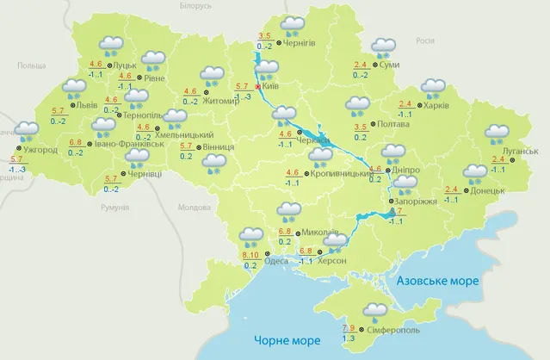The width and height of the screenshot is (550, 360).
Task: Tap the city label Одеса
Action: point(278,261)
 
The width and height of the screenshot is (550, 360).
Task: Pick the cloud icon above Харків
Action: point(433,87)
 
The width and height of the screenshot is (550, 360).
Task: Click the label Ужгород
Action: point(40,150)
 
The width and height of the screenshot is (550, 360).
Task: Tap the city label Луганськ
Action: point(520,152)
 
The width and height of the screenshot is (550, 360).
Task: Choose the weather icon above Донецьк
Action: point(474,172)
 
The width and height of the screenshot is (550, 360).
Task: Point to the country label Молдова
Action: point(193,208)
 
